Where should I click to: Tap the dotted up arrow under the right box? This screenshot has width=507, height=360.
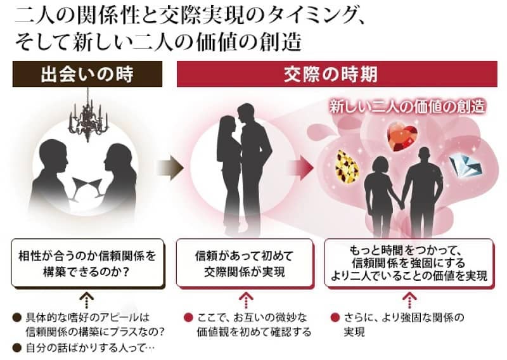(411, 299)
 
